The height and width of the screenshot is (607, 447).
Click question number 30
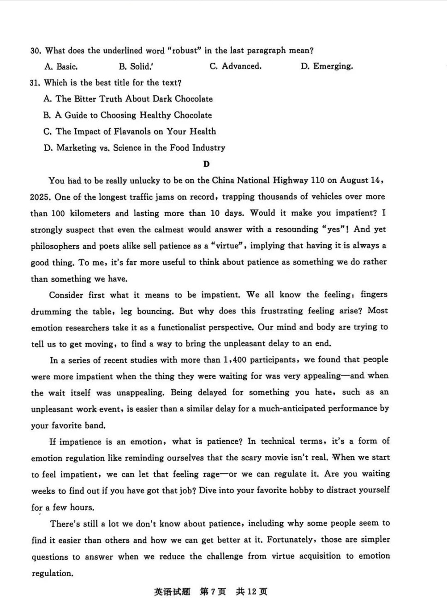[x=36, y=51]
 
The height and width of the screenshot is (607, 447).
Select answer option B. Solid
[x=135, y=66]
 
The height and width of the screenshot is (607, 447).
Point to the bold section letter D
[x=206, y=164]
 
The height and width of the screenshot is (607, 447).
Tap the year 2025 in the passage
[x=40, y=197]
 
